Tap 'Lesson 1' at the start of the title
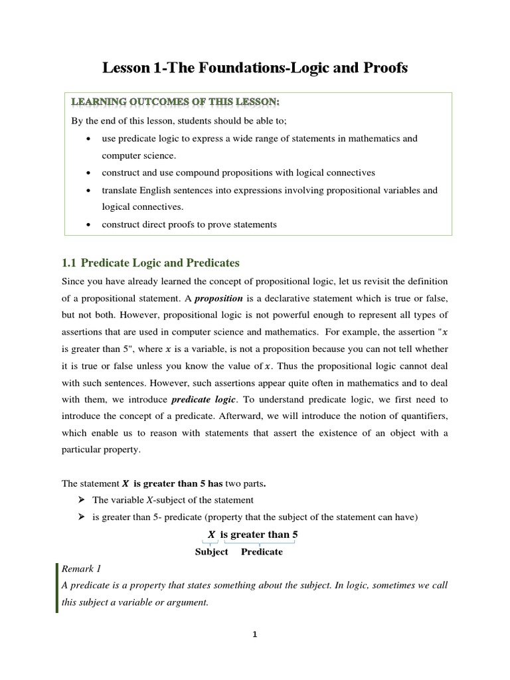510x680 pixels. pos(126,68)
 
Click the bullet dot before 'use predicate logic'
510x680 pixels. pos(89,139)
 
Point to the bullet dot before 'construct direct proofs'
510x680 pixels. pos(89,224)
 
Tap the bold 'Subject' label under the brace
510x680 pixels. pos(211,552)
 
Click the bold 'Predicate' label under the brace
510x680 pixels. pos(262,552)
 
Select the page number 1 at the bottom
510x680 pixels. pos(254,634)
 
